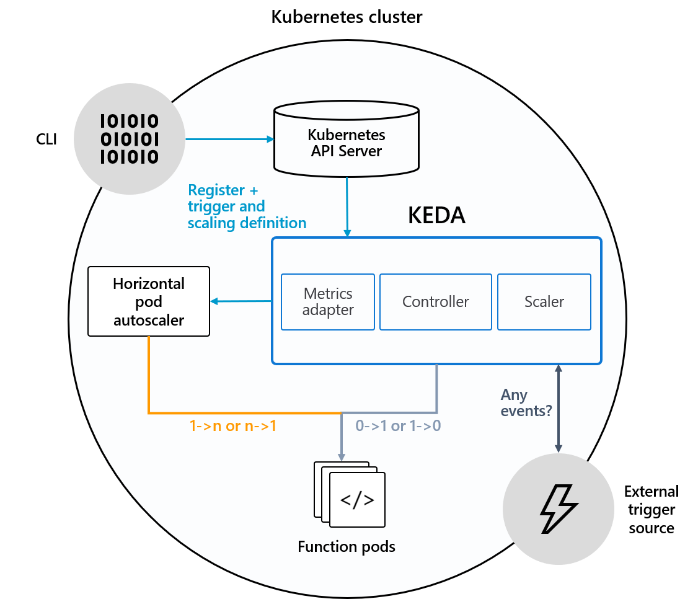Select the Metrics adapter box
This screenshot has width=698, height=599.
pos(328,302)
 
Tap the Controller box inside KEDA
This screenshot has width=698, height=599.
pos(436,302)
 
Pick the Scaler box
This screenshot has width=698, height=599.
pos(544,302)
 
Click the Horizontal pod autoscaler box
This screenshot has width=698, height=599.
pos(149,301)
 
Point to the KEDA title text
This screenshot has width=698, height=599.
pos(436,215)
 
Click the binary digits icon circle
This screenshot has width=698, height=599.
pos(130,139)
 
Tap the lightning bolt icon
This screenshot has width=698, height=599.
pos(558,509)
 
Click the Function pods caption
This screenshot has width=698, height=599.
pos(347,547)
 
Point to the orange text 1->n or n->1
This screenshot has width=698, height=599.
pos(232,426)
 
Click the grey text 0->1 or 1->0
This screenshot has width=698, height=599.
pos(398,426)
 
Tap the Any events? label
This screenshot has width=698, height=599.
pos(526,402)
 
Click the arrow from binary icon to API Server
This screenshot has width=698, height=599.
pos(230,139)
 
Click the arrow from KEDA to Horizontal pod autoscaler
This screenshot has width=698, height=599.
pos(241,301)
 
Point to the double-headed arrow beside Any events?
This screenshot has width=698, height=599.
pos(559,409)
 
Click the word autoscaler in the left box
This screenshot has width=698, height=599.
pos(149,320)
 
